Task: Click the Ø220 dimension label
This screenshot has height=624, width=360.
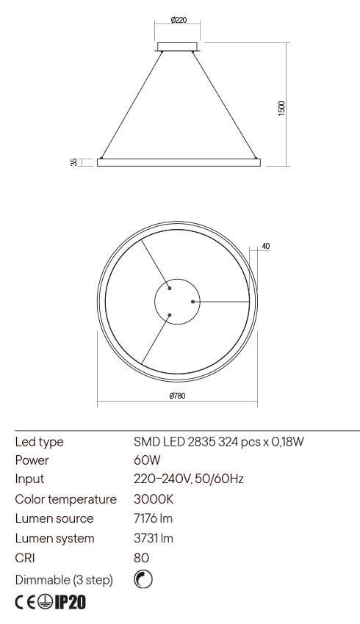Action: [x=177, y=21]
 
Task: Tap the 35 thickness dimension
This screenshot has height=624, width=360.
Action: [x=73, y=162]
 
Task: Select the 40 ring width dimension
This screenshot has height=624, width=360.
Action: [x=265, y=246]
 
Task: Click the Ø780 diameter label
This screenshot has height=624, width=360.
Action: [x=176, y=396]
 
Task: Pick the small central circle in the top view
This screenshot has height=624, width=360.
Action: [x=176, y=301]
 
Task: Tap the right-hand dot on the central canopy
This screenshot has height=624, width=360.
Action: [x=192, y=301]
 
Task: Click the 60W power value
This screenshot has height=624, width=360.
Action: [x=144, y=460]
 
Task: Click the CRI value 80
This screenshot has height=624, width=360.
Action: [x=140, y=557]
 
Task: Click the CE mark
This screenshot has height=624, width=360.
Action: [x=26, y=603]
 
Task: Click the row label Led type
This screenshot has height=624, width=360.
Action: [x=39, y=441]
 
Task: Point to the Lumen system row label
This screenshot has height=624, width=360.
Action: [x=55, y=538]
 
